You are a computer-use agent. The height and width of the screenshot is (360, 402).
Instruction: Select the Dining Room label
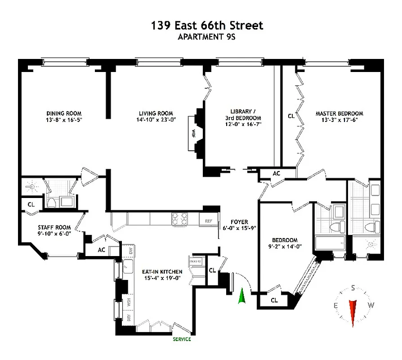(64, 113)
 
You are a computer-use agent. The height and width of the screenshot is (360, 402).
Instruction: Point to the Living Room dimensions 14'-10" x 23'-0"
(155, 120)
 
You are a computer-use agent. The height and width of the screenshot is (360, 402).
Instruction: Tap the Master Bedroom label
(339, 113)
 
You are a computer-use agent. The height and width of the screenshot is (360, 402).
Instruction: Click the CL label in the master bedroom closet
(291, 116)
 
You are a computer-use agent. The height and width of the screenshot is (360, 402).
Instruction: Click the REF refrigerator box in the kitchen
(209, 221)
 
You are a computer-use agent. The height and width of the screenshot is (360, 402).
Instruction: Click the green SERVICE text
(181, 339)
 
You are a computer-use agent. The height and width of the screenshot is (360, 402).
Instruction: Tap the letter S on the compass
(353, 288)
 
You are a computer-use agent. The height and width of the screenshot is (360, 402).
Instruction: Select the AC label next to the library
(277, 173)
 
